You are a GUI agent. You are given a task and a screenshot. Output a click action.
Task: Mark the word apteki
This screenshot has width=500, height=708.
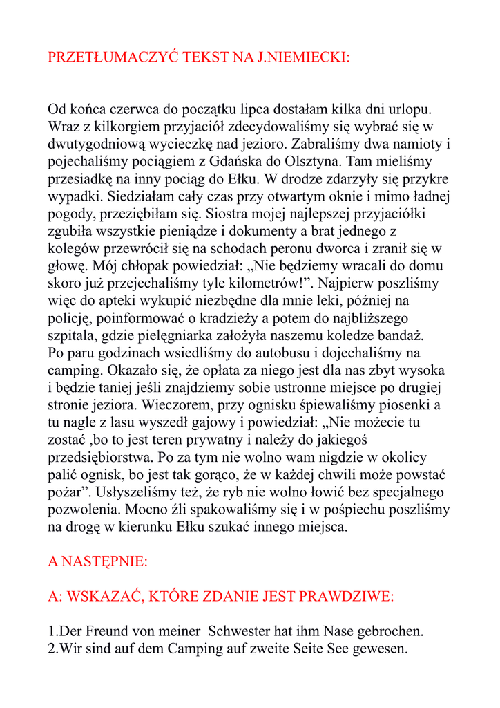click(146, 300)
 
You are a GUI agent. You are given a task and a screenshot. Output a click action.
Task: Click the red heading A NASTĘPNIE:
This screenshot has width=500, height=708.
click(97, 561)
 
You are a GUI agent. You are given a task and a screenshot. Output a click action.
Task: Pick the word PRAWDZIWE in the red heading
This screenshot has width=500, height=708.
click(345, 596)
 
